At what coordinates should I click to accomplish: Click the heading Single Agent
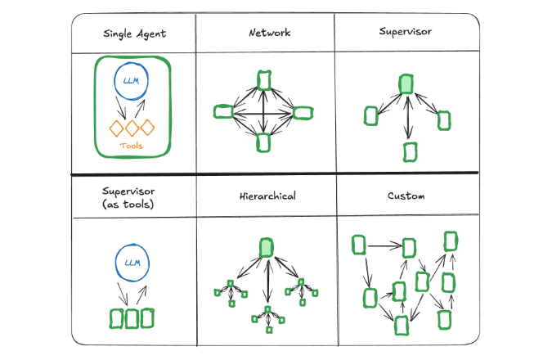pyautogui.click(x=134, y=34)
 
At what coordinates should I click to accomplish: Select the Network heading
pyautogui.click(x=270, y=34)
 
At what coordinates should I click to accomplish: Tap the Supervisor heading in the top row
pyautogui.click(x=406, y=32)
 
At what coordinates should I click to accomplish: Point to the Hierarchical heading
pyautogui.click(x=267, y=197)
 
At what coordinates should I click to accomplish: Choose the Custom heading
pyautogui.click(x=406, y=197)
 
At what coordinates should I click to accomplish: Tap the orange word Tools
pyautogui.click(x=131, y=146)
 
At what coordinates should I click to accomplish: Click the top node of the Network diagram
pyautogui.click(x=263, y=79)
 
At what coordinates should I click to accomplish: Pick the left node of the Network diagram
pyautogui.click(x=222, y=111)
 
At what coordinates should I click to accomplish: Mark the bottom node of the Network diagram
pyautogui.click(x=263, y=142)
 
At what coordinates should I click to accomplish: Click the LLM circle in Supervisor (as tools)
pyautogui.click(x=131, y=263)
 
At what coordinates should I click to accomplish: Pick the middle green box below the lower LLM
pyautogui.click(x=131, y=317)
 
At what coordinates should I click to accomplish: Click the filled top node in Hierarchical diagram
pyautogui.click(x=267, y=249)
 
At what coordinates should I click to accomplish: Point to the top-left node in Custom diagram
pyautogui.click(x=358, y=244)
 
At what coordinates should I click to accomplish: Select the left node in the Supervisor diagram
pyautogui.click(x=371, y=116)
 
